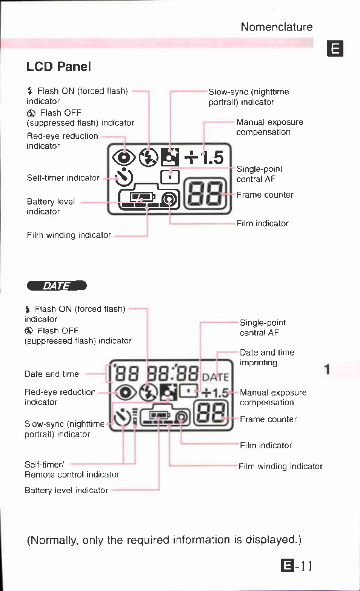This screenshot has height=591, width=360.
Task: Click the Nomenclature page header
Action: click(276, 27)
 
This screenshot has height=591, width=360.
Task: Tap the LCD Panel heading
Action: click(58, 67)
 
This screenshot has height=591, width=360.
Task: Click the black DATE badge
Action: click(57, 286)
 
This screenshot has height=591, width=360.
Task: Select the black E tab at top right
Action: click(335, 48)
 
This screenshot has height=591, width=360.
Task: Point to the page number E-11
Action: click(297, 565)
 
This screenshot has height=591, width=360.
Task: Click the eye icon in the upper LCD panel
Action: click(124, 157)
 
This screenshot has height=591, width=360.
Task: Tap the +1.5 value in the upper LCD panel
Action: click(204, 157)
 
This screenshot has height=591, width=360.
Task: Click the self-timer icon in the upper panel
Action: click(124, 177)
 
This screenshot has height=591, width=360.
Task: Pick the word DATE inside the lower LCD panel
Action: click(215, 377)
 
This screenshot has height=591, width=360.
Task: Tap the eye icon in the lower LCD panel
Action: click(126, 392)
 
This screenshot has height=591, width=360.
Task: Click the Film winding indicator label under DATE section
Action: click(280, 466)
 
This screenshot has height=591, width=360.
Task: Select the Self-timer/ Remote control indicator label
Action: click(72, 469)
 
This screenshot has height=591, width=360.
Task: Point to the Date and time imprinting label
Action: click(267, 357)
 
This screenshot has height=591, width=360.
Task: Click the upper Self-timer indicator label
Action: click(63, 178)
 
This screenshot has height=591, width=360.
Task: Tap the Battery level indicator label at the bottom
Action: click(66, 490)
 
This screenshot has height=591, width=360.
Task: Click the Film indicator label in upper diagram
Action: click(263, 223)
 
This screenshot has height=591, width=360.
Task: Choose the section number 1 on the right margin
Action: click(327, 369)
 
